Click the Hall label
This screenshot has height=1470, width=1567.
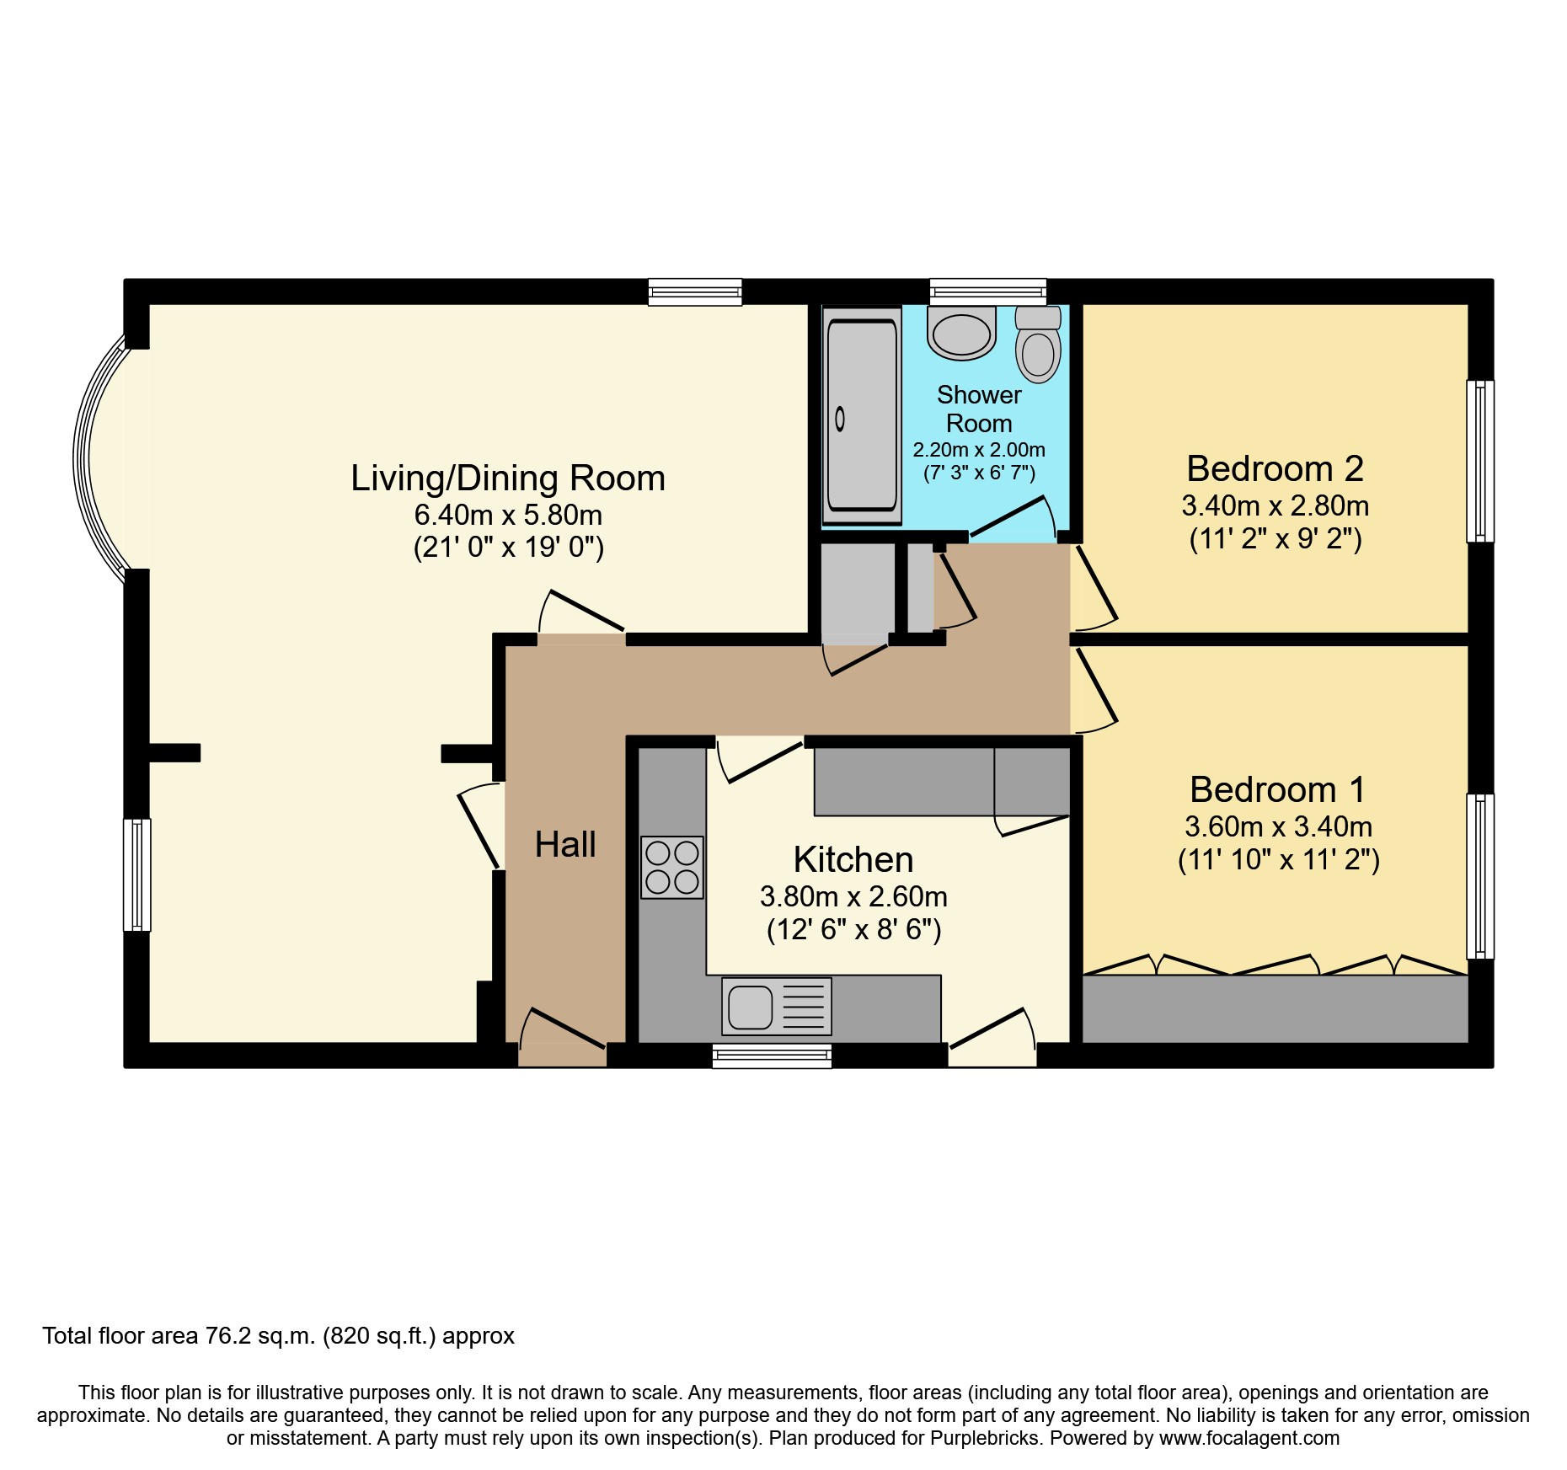(565, 844)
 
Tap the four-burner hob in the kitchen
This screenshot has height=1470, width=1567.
(671, 867)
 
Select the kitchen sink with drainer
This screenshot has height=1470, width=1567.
(776, 1006)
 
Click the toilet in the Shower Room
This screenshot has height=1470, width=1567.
(1038, 345)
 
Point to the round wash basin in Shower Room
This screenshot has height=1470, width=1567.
(961, 333)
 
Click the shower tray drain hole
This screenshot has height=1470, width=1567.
(839, 419)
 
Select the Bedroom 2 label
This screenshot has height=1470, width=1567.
(1275, 468)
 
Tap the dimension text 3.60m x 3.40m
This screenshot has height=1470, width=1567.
(1278, 826)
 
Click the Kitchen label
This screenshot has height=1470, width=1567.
(853, 859)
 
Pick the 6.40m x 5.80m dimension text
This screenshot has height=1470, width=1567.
(508, 515)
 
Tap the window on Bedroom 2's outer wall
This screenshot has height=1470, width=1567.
(1479, 461)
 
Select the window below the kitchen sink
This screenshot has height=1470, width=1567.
(772, 1056)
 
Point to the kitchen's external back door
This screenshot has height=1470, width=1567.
(992, 1034)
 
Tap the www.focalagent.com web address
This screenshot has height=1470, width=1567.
(1249, 1438)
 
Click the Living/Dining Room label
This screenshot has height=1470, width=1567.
(508, 478)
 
